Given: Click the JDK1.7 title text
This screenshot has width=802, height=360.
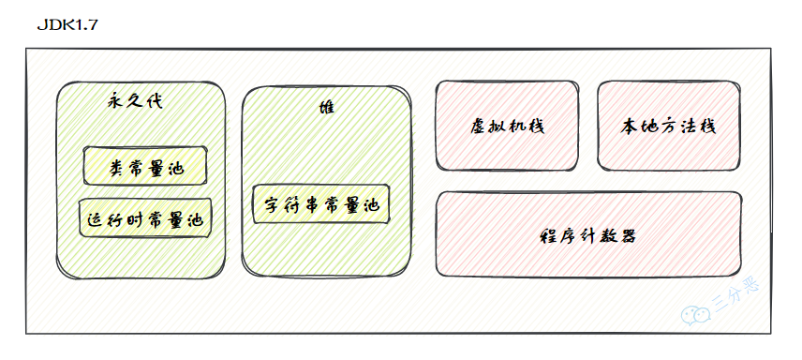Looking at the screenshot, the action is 67,24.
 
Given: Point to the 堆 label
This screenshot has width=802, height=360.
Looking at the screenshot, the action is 326,107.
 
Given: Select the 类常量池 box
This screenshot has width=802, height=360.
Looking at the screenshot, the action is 144,167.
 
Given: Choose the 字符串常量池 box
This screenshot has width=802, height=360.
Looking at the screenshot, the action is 319,204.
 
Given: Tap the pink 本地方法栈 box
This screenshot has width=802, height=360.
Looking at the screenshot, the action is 669,126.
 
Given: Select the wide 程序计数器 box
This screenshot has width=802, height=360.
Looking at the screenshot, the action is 589,234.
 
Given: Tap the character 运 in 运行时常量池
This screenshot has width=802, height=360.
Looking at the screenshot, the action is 95,220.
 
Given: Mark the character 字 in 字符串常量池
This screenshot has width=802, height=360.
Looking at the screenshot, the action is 272,205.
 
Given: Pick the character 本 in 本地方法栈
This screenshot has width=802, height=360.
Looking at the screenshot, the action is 631,126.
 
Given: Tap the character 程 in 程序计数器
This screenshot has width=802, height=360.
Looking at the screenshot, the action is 551,235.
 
